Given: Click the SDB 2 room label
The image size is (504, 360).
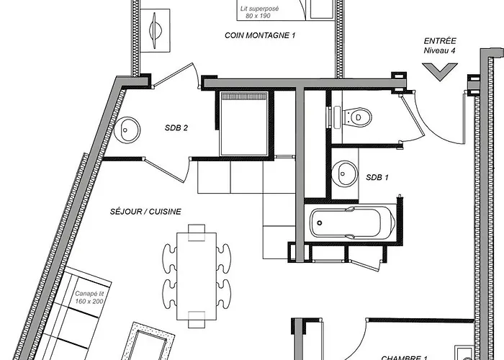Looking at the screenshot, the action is [176, 128].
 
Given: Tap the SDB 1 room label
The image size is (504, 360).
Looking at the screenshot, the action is [377, 177].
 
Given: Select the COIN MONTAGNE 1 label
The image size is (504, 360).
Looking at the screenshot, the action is [260, 35].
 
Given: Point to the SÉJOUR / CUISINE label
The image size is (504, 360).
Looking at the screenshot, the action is [145, 212].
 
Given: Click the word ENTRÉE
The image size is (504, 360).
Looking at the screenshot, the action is [440, 41].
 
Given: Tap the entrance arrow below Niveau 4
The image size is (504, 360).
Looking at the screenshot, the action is [440, 72].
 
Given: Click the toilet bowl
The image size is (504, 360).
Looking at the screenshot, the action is [357, 117].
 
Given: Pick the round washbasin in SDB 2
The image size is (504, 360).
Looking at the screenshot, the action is [127, 130].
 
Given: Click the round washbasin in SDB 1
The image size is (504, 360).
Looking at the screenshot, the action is [344, 174].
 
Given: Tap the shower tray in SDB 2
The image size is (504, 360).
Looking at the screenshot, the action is [243, 124].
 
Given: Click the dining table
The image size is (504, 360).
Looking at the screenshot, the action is [197, 276].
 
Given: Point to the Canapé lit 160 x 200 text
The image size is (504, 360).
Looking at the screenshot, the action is [89, 297].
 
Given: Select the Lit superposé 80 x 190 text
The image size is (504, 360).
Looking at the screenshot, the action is [259, 12].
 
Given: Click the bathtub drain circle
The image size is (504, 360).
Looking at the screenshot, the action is [320, 222].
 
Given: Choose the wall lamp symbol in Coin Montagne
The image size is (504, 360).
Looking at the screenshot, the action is [156, 30].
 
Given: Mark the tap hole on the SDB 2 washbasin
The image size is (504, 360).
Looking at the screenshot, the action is [125, 130].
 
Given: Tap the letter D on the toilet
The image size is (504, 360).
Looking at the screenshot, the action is [359, 117].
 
